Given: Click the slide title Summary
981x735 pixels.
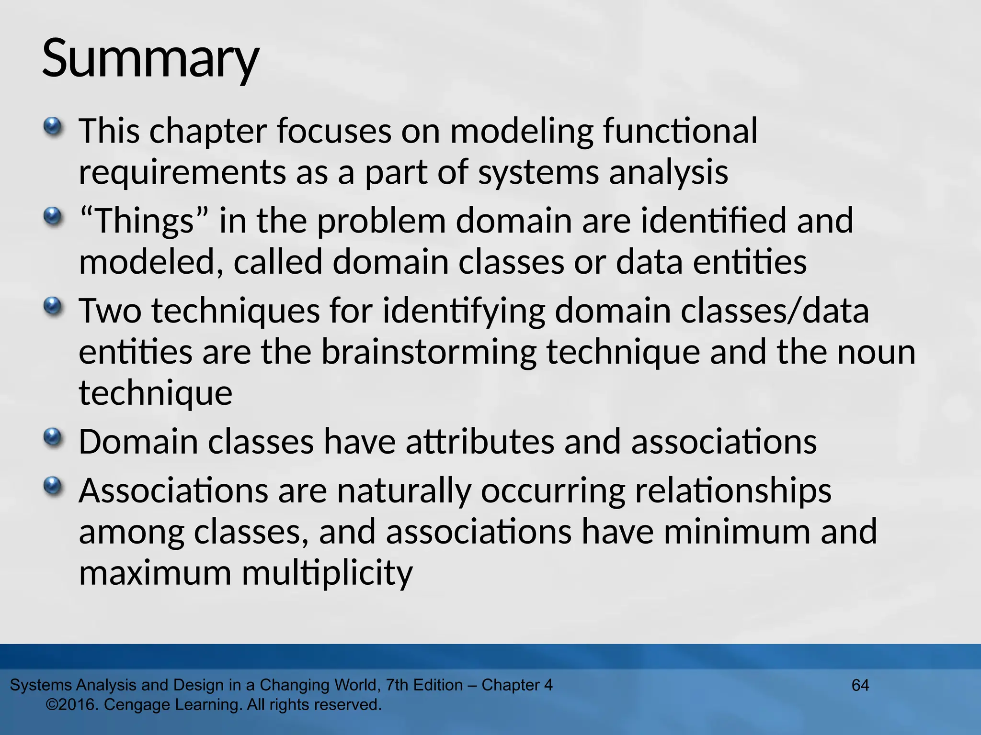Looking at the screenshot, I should point(150,58).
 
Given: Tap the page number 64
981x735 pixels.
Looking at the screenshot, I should point(860,685).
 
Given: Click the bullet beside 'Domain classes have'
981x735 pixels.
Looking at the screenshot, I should point(53,437).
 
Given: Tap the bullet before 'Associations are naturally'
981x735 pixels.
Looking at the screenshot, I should point(53,487).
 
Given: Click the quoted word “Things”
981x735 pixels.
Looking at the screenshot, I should point(144,221).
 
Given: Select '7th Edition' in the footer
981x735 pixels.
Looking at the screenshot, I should point(424,685).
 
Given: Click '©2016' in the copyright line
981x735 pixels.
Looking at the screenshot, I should point(72,705).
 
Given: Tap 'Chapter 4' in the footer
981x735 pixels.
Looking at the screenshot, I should point(517,685).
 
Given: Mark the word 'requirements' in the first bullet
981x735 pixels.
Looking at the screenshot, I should point(182,172).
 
